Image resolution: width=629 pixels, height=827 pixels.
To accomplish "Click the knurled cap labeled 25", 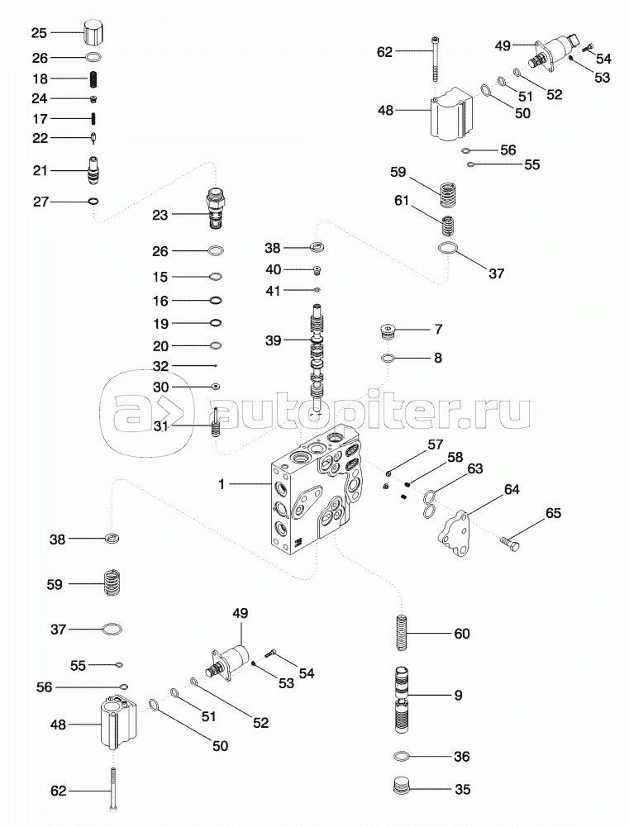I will [x=93, y=35].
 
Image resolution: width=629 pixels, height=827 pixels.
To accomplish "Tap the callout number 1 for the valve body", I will [x=222, y=483].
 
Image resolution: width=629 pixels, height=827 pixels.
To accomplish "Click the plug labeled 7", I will [x=388, y=333].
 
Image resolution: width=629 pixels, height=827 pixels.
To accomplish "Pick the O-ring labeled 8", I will [x=388, y=359].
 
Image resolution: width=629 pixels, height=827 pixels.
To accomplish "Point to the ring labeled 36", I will [x=403, y=756].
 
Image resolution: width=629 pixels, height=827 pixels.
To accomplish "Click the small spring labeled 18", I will [x=93, y=79].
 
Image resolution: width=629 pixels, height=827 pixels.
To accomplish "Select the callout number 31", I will [x=160, y=426].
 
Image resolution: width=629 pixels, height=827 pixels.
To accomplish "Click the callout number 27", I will [x=41, y=202].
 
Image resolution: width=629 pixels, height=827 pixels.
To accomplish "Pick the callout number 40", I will [x=273, y=269].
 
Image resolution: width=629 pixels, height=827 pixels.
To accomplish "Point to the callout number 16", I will [x=160, y=301].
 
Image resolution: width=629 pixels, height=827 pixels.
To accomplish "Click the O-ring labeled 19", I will [x=214, y=323].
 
